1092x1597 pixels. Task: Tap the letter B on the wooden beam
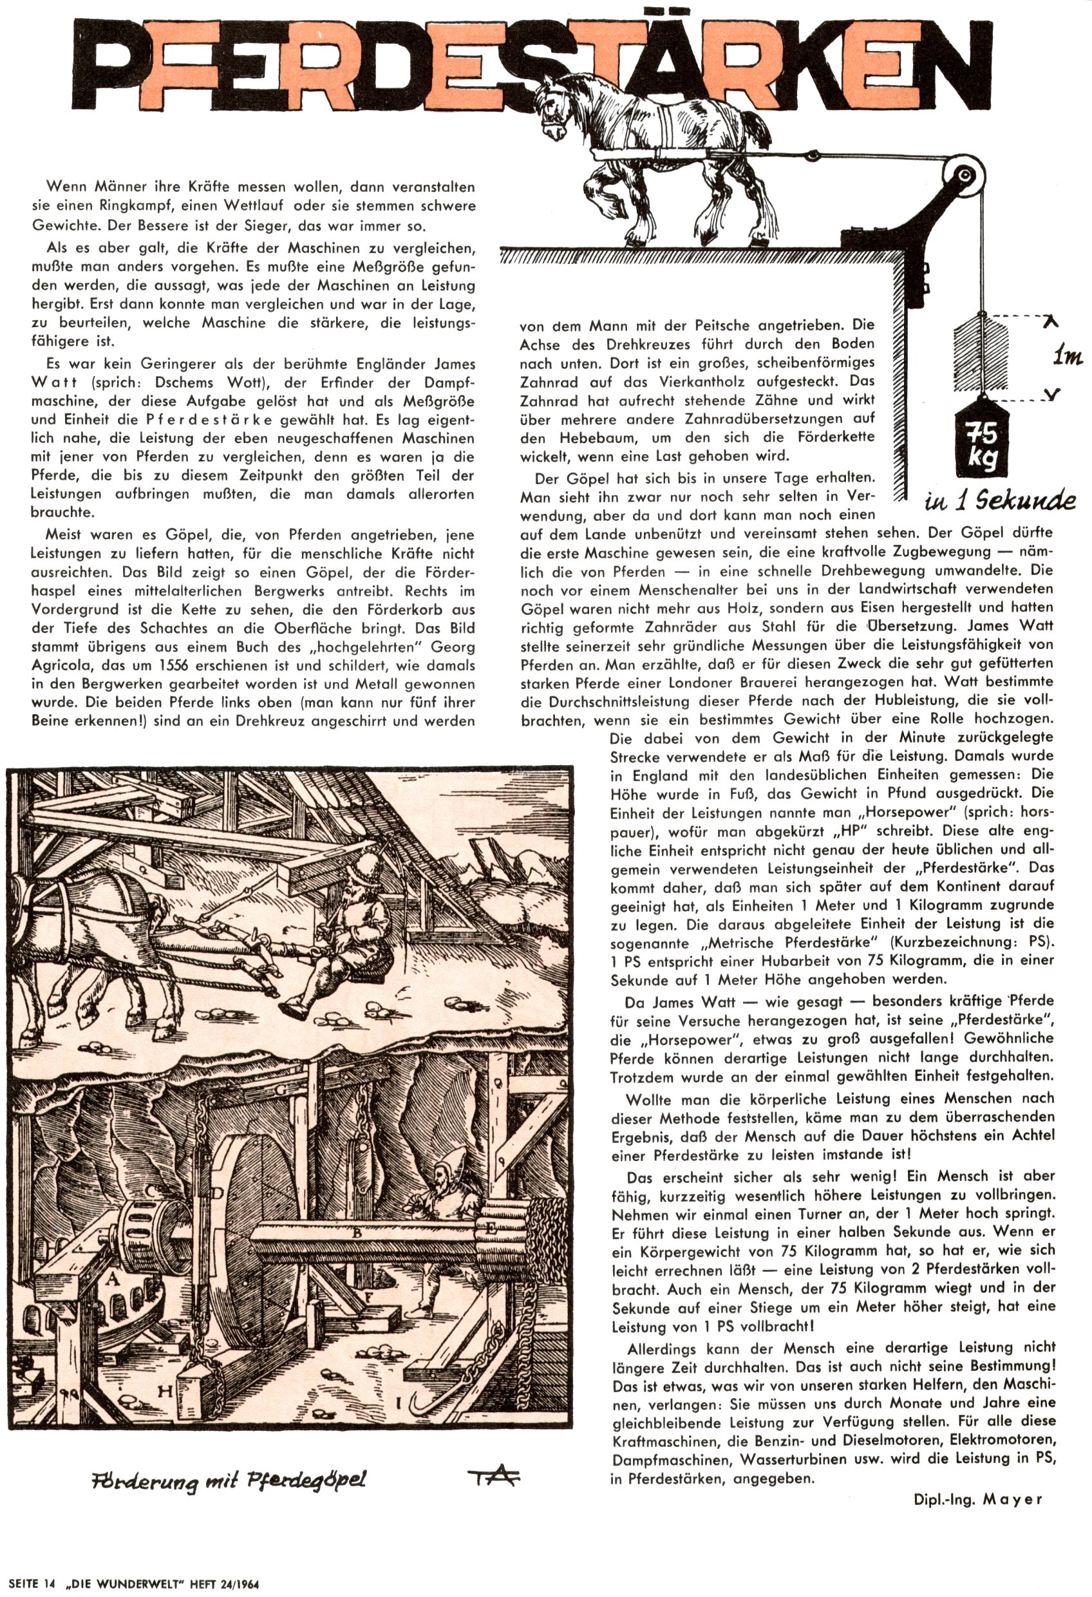point(357,1233)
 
